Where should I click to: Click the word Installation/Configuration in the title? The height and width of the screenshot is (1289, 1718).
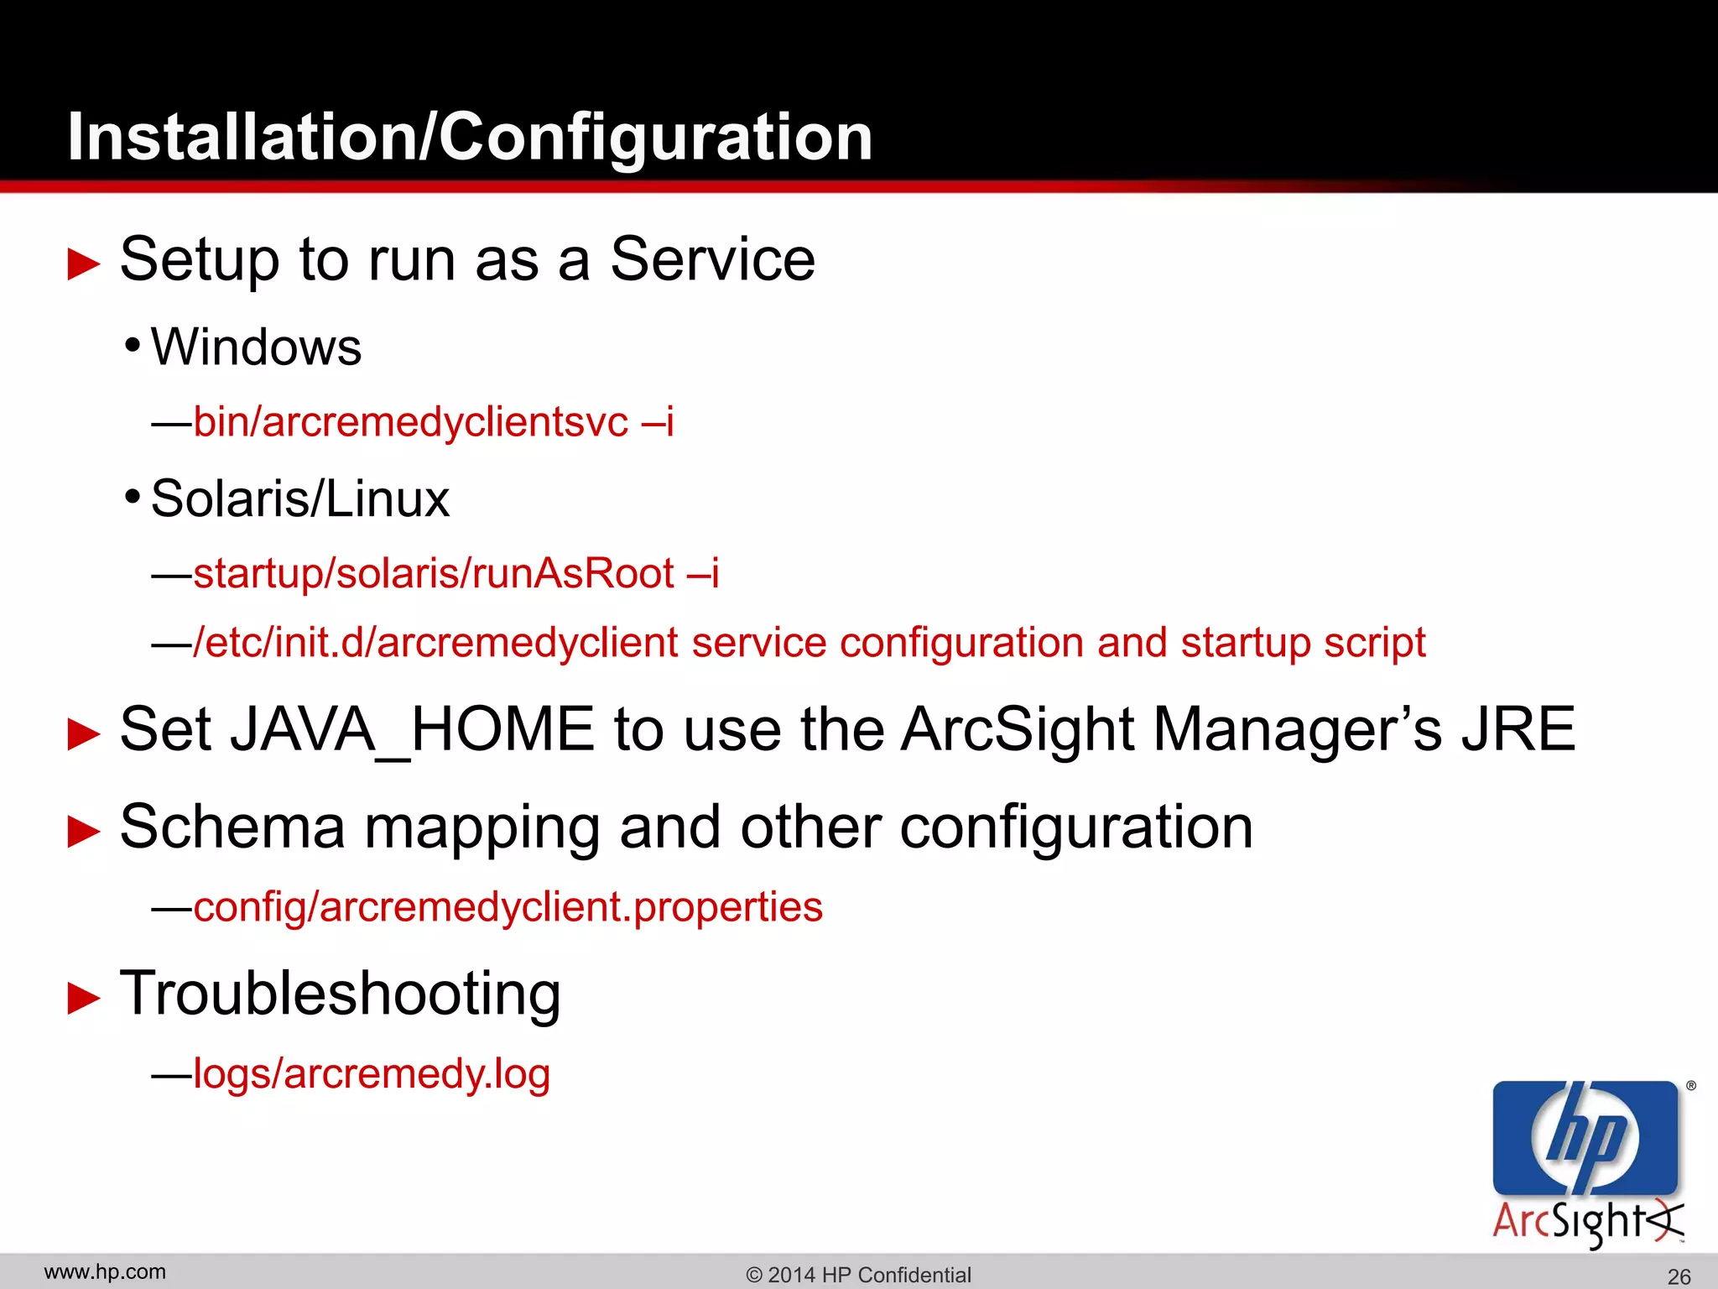coord(470,137)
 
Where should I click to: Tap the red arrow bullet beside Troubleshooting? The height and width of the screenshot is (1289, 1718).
coord(83,998)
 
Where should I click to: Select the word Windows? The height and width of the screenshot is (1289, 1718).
coord(256,347)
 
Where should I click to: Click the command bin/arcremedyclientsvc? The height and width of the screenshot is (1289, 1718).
coord(410,421)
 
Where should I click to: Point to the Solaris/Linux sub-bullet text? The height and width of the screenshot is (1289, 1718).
coord(299,498)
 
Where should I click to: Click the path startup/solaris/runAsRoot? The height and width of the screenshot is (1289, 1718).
coord(434,574)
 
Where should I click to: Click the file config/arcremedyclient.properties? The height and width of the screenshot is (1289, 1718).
coord(508,907)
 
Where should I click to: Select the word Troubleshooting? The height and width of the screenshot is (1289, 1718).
coord(340,994)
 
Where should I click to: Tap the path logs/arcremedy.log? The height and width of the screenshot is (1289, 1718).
coord(372,1073)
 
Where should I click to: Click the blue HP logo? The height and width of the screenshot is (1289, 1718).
coord(1585,1138)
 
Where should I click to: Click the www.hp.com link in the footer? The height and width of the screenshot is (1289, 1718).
coord(105,1272)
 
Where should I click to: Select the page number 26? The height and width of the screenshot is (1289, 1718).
coord(1679,1276)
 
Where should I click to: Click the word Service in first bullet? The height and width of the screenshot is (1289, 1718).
coord(712,259)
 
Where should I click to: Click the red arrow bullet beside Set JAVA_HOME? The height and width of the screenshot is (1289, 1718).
coord(83,733)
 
